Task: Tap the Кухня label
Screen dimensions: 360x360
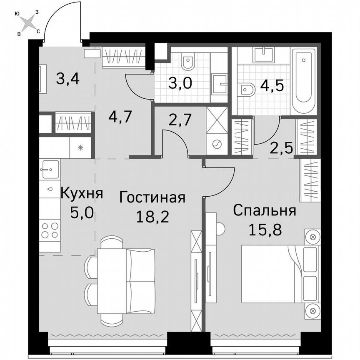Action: pos(82,194)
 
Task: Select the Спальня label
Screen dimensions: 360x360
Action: pos(264,211)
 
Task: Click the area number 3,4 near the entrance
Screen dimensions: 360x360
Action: pos(68,78)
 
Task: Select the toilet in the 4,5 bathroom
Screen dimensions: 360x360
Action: pos(248,89)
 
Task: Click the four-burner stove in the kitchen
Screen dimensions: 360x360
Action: pos(50,231)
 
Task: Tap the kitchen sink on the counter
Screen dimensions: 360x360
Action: pos(50,170)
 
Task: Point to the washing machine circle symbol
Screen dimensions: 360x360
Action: pos(217,145)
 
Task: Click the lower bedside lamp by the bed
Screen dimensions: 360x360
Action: pos(312,310)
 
